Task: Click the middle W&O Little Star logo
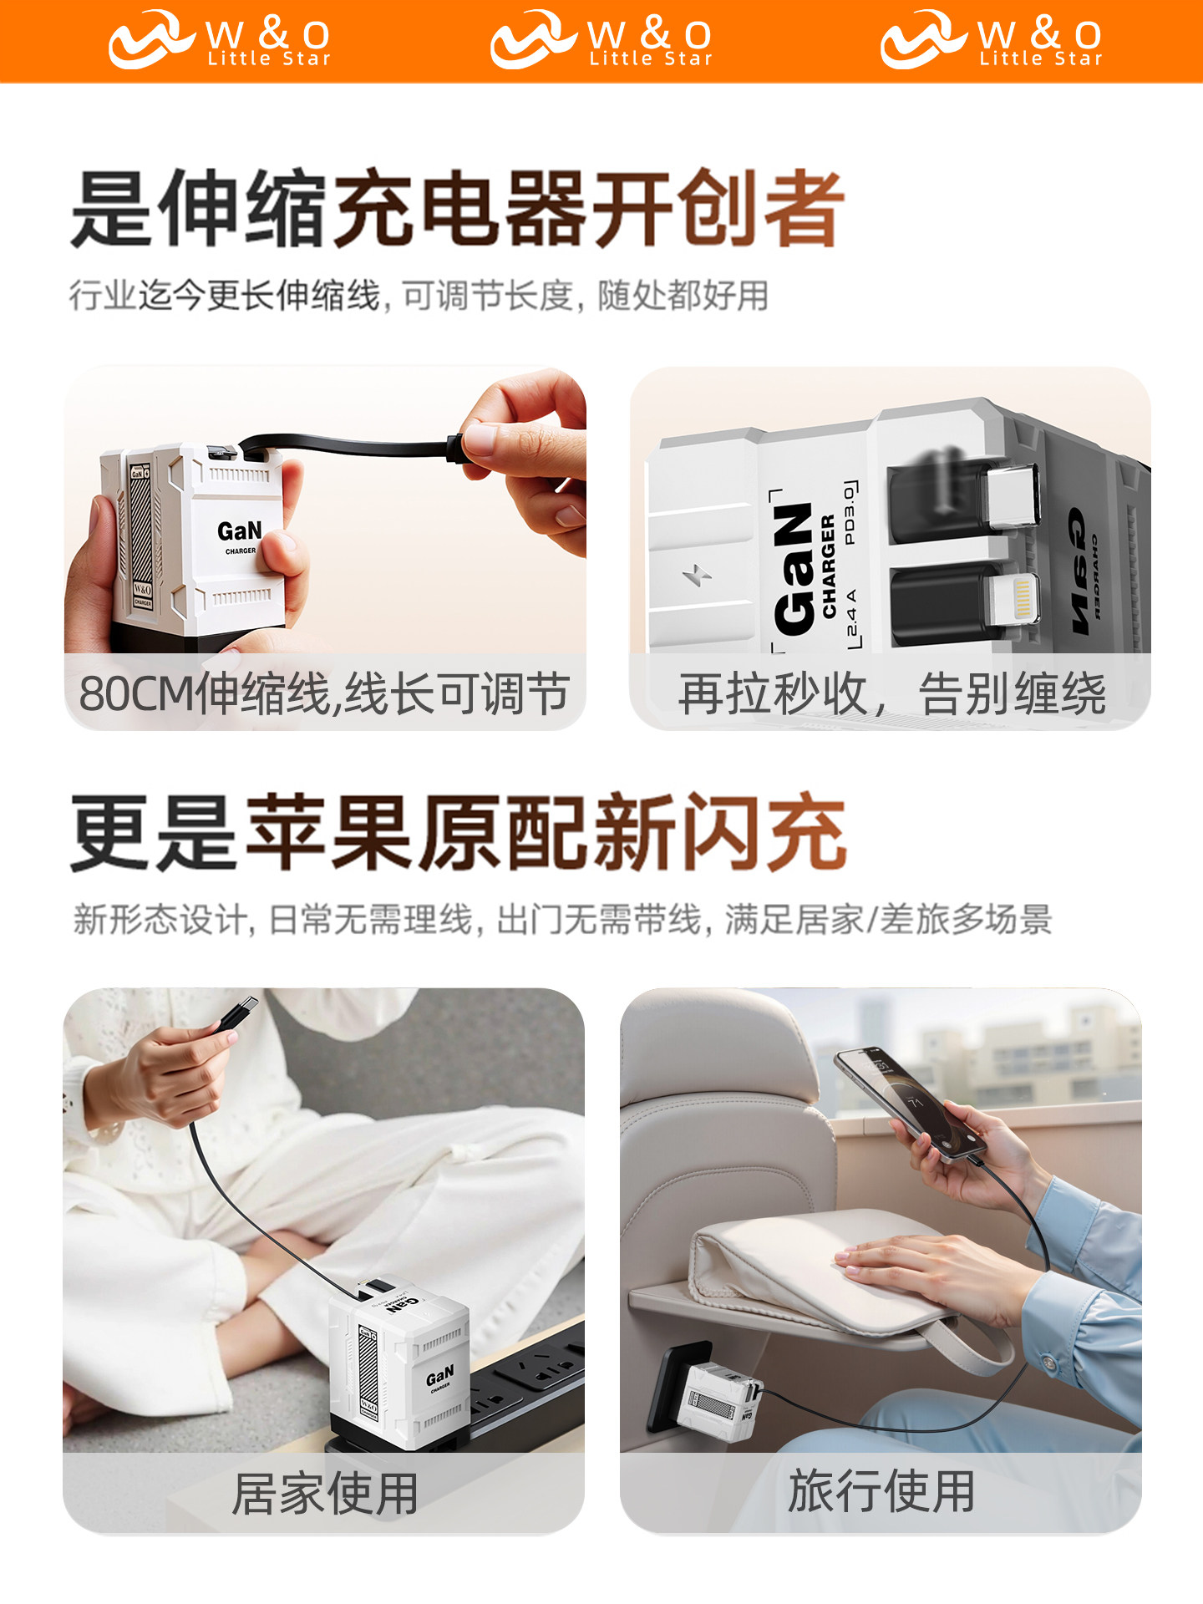point(601,39)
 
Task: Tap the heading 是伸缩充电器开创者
point(457,209)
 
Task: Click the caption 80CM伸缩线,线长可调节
point(324,693)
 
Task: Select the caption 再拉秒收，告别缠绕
point(891,693)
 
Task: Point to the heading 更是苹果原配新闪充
point(459,833)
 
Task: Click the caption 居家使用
point(324,1493)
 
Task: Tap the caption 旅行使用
point(881,1491)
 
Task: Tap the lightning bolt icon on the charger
point(697,574)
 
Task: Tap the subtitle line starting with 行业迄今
point(418,296)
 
